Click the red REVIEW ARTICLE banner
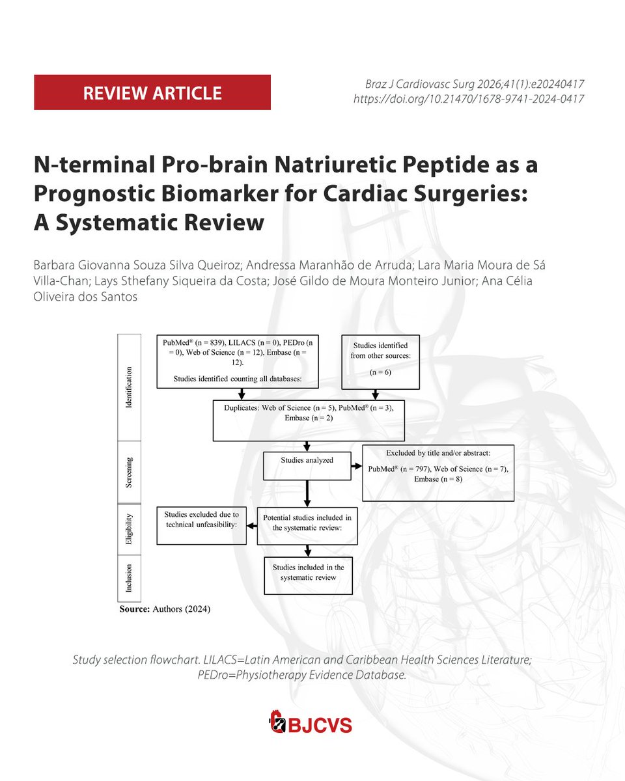coord(152,92)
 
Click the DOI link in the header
coord(468,100)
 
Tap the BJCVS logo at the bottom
coord(311,722)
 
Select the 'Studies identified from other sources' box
coord(381,362)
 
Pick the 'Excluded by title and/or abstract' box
coord(438,473)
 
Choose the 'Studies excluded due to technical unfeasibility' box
coord(201,525)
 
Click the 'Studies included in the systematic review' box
coord(309,575)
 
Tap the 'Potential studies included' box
coord(307,525)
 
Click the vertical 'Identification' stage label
coord(129,387)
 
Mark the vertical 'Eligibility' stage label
coord(129,529)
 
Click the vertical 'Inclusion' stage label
coord(129,578)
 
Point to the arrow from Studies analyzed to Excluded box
coord(357,467)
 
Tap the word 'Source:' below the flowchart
coord(135,610)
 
